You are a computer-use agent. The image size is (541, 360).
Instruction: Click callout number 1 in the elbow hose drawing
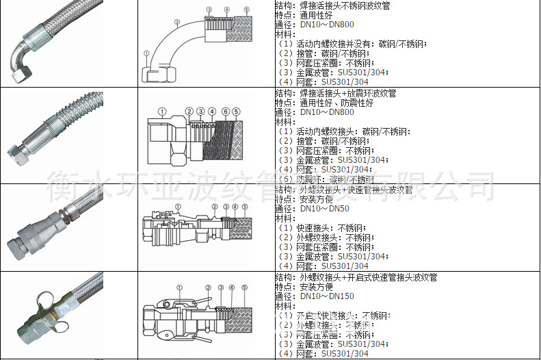click(x=147, y=53)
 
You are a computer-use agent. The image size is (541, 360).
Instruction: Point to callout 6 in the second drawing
click(x=226, y=111)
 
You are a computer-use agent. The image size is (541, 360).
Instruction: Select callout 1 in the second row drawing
click(x=161, y=111)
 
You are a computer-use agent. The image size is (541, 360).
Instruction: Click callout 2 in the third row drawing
click(x=214, y=206)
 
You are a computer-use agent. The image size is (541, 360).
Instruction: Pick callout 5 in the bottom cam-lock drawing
click(x=244, y=287)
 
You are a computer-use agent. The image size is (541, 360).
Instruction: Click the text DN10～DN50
click(x=324, y=209)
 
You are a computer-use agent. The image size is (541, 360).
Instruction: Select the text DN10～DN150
click(x=327, y=296)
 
